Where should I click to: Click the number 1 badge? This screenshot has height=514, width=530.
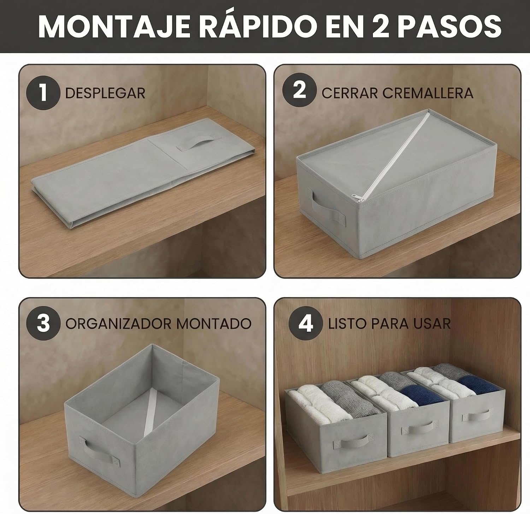tap(43, 93)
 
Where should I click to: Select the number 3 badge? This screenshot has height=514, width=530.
tap(43, 323)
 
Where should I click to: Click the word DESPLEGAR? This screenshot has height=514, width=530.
tap(105, 93)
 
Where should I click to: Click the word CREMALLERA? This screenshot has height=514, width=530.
tap(428, 93)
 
